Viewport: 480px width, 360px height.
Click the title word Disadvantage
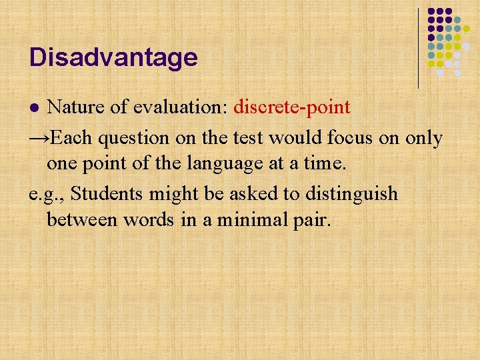[113, 57]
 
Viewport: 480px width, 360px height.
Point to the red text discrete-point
[292, 107]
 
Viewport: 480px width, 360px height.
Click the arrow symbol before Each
[39, 138]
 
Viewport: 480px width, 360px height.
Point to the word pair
[311, 221]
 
